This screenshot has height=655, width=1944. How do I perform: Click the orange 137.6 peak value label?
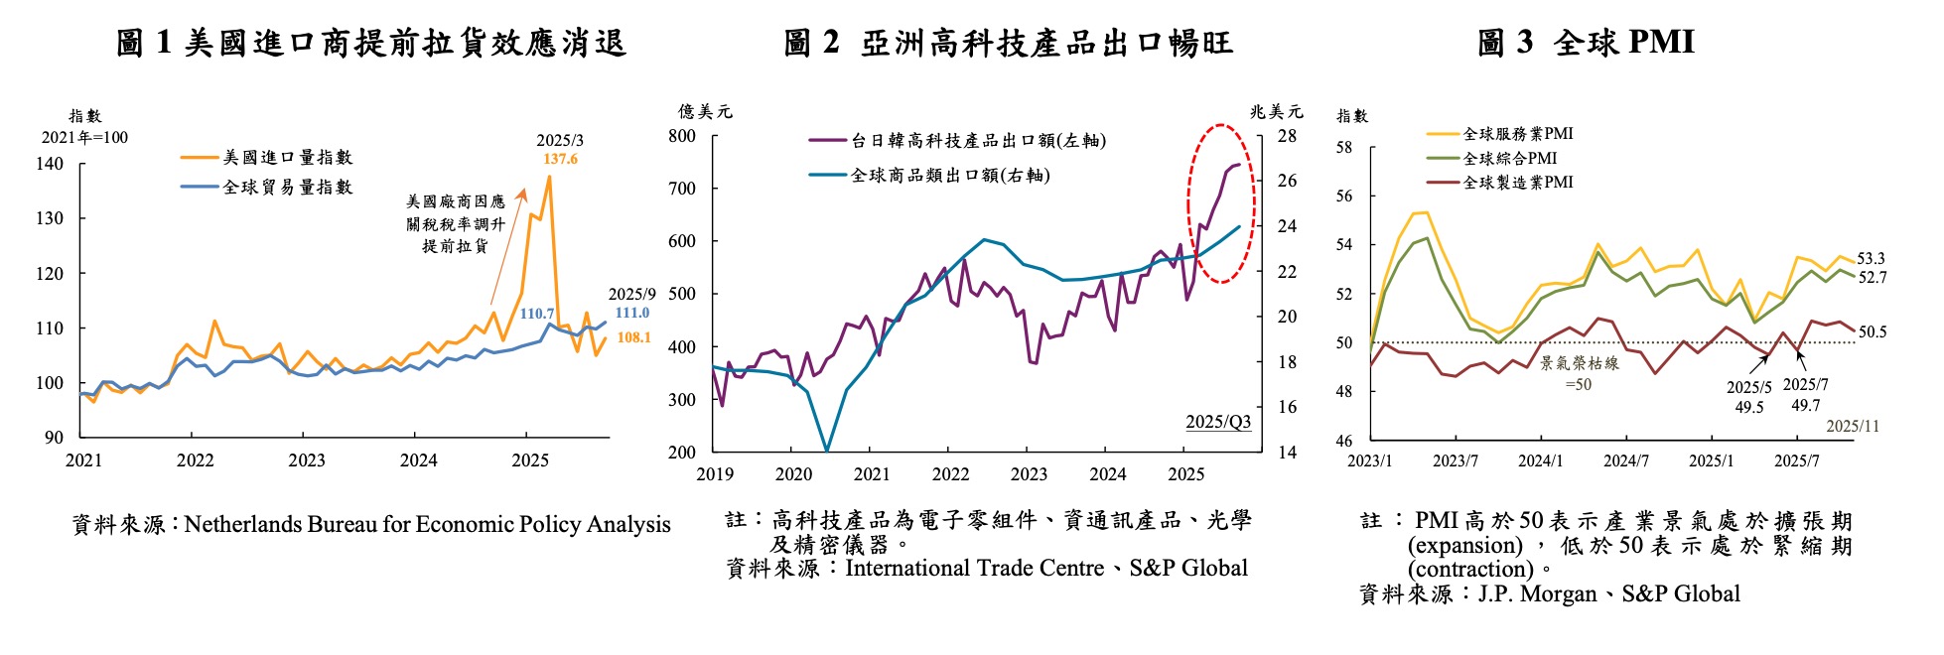click(x=560, y=159)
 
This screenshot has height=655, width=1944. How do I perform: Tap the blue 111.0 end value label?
click(x=631, y=313)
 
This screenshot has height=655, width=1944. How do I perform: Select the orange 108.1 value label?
click(x=633, y=337)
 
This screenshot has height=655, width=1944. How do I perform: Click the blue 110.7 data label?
click(x=537, y=314)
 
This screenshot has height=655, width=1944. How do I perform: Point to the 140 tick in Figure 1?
click(x=50, y=164)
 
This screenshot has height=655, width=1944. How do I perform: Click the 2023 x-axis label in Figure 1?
click(x=307, y=460)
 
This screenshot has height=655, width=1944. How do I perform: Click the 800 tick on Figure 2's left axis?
click(x=682, y=136)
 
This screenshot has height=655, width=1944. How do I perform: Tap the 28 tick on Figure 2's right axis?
click(x=1287, y=136)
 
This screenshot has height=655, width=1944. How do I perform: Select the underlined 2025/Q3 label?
click(x=1218, y=422)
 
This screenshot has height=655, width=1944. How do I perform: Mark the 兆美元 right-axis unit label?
click(x=1276, y=111)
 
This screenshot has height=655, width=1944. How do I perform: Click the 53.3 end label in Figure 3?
click(x=1871, y=259)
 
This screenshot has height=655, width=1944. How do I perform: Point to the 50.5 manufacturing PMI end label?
click(x=1873, y=332)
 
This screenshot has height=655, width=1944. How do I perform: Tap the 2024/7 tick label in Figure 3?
click(x=1626, y=461)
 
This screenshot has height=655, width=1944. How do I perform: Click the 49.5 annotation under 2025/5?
click(x=1749, y=407)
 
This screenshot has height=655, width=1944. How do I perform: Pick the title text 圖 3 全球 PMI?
click(x=1586, y=43)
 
